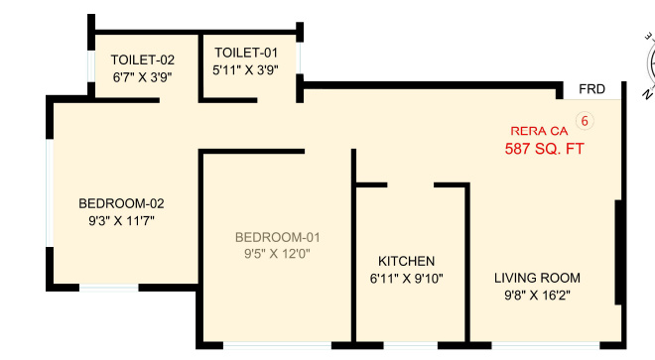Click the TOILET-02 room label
(142, 60)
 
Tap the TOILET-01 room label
(247, 53)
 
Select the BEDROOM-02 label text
(121, 203)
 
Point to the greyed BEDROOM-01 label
(278, 237)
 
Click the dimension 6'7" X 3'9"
(142, 76)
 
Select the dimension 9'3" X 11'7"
(121, 221)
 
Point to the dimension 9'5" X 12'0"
(278, 254)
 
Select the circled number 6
(585, 122)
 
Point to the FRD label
(593, 90)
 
